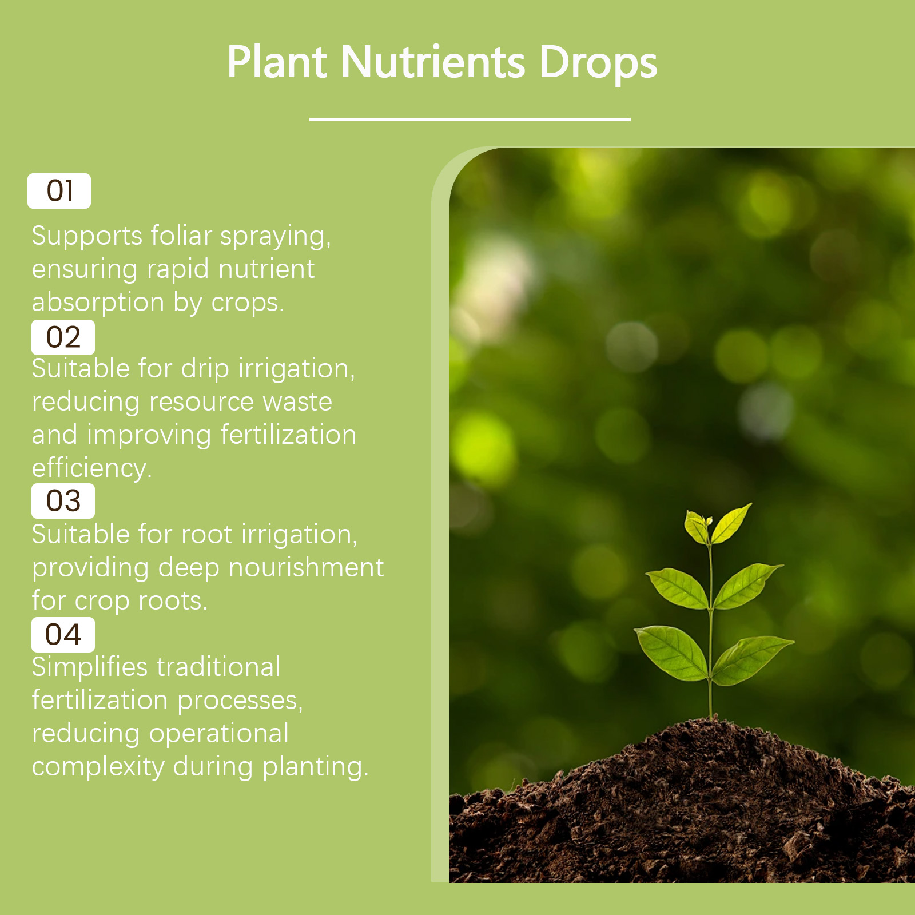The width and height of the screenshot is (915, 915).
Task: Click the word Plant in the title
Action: [277, 61]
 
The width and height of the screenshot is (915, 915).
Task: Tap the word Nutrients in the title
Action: [433, 61]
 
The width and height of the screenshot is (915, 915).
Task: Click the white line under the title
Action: [470, 119]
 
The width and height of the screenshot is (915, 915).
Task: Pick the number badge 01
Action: [59, 191]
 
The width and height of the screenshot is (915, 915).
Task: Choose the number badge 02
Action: [63, 337]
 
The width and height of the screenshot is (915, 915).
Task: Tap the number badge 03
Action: [63, 501]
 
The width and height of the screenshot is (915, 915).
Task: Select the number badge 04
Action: [63, 635]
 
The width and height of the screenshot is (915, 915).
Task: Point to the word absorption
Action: [98, 303]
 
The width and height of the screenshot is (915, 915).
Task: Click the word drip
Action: [205, 369]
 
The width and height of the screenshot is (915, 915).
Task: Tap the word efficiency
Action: [92, 468]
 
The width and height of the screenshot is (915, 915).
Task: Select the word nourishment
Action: [307, 567]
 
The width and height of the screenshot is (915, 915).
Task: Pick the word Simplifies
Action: [90, 667]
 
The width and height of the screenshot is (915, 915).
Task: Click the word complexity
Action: [98, 767]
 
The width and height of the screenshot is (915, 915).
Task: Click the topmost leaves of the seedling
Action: [718, 523]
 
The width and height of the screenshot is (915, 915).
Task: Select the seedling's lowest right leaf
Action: [752, 659]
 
